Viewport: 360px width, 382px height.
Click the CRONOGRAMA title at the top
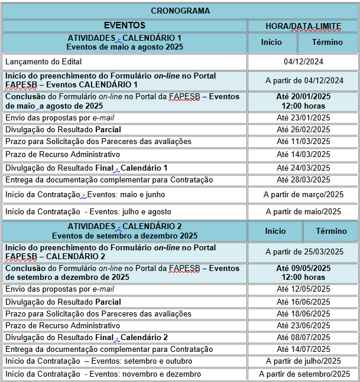click(180, 11)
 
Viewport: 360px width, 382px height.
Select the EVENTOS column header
click(124, 25)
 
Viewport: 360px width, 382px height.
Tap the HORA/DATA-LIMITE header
click(303, 26)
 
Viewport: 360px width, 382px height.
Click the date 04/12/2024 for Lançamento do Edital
click(303, 61)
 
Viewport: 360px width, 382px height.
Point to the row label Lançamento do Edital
click(43, 61)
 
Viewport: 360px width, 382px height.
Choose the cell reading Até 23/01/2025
click(303, 117)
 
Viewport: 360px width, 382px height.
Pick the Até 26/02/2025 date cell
click(303, 129)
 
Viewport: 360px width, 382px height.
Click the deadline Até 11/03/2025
click(303, 142)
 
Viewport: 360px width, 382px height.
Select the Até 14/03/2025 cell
click(303, 155)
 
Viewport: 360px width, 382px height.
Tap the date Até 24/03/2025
click(303, 168)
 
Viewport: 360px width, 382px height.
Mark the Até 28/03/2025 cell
click(303, 179)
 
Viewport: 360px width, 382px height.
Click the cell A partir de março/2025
click(303, 195)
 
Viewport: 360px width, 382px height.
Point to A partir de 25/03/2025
click(304, 252)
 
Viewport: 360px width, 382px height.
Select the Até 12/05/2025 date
click(303, 289)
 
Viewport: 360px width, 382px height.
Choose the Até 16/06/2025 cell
click(303, 302)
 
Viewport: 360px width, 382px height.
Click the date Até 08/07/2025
click(303, 337)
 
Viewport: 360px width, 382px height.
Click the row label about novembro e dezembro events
click(103, 374)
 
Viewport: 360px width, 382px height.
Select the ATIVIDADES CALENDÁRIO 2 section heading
click(125, 231)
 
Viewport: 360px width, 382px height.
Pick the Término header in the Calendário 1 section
click(327, 43)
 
